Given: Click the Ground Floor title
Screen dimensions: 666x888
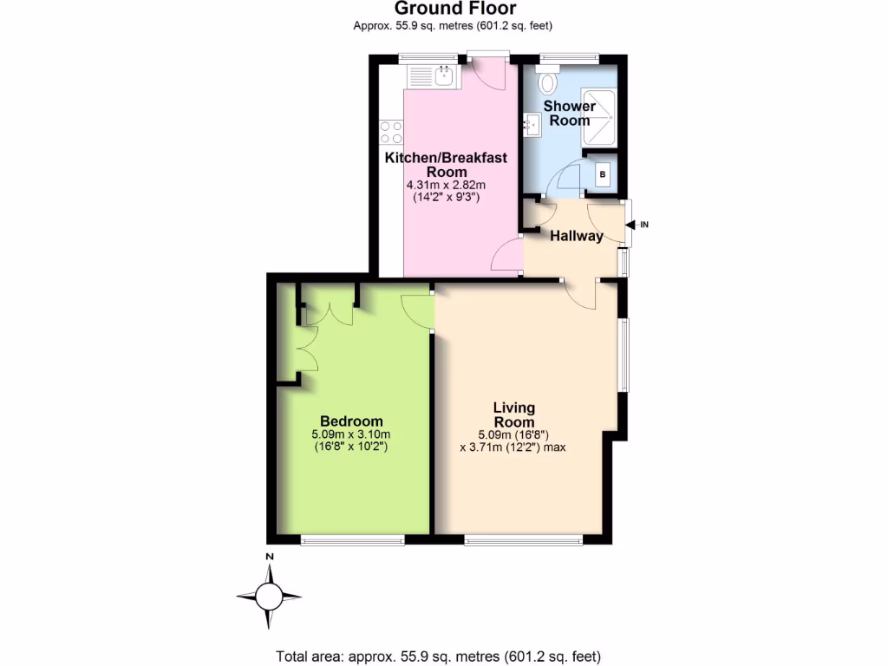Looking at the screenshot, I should click(455, 9).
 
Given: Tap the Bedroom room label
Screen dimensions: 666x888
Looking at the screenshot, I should click(350, 421).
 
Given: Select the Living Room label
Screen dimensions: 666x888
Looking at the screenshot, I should click(513, 415).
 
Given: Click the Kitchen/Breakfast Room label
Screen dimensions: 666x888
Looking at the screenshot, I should click(446, 165).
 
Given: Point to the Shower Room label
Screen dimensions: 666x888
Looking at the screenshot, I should click(569, 114).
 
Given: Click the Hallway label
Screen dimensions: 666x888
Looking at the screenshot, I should click(576, 235).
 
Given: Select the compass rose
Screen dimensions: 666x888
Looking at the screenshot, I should click(269, 596).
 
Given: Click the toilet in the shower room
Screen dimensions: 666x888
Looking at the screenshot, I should click(548, 83).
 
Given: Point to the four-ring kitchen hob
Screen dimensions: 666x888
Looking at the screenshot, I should click(391, 133).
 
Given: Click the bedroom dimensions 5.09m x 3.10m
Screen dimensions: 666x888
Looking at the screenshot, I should click(350, 435).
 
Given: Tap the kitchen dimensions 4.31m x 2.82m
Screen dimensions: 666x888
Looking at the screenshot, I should click(446, 186).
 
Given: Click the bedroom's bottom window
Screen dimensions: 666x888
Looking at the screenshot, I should click(352, 540).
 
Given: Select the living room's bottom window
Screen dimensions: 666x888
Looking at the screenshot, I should click(524, 540).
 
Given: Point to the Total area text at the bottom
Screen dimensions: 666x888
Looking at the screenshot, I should click(438, 656).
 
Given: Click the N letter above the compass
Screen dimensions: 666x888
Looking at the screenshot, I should click(270, 557).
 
